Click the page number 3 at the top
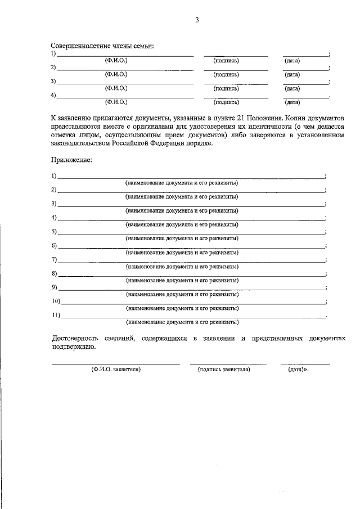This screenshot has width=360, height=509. point(197,20)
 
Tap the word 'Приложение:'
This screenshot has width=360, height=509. point(71,160)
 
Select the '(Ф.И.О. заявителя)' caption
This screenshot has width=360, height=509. point(116,370)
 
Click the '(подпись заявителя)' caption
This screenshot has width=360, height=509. point(224,370)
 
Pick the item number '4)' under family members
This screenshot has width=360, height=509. point(53,95)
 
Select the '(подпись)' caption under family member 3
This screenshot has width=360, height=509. point(226,88)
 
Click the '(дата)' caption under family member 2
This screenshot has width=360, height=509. point(292,74)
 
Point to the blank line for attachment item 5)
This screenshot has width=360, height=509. point(191,233)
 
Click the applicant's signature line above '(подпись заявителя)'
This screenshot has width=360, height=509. point(228,363)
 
